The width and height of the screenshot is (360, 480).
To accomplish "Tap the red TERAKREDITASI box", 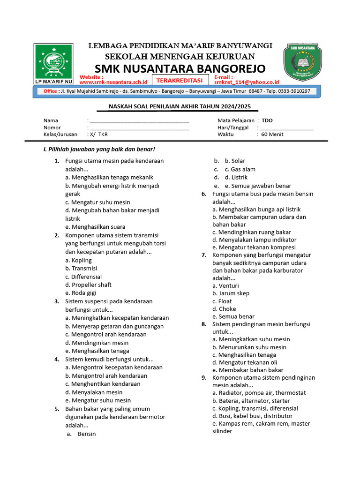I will pyautogui.click(x=176, y=80).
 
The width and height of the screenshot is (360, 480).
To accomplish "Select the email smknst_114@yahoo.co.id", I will pyautogui.click(x=246, y=82).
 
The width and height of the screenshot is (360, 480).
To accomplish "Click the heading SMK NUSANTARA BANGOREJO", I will pyautogui.click(x=180, y=68).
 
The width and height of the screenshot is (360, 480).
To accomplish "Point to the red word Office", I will pyautogui.click(x=50, y=91).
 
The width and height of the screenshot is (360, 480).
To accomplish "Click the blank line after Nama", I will pyautogui.click(x=139, y=121).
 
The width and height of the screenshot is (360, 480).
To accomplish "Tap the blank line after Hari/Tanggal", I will pyautogui.click(x=286, y=127).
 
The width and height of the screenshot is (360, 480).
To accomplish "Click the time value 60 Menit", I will pyautogui.click(x=272, y=134).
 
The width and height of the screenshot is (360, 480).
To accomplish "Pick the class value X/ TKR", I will pyautogui.click(x=98, y=134).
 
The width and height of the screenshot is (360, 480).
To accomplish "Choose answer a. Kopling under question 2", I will pyautogui.click(x=79, y=260).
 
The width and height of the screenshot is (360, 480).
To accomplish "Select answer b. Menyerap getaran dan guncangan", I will pyautogui.click(x=114, y=326).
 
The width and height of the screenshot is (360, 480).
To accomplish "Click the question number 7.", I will pyautogui.click(x=204, y=255).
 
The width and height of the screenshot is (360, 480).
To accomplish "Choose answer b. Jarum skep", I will pyautogui.click(x=231, y=293).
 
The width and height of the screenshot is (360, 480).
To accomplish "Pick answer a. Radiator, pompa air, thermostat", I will pyautogui.click(x=259, y=393).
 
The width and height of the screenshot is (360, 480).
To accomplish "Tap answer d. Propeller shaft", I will pyautogui.click(x=88, y=285).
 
